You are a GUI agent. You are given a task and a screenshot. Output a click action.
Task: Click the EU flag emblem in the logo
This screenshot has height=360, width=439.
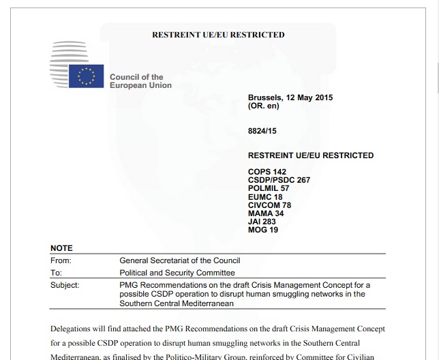[x=86, y=76]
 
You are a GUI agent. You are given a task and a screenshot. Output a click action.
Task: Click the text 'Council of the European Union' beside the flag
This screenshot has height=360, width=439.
[x=140, y=81]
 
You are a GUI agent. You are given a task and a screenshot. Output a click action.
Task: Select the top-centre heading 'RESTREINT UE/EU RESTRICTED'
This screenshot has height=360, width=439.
[x=218, y=35]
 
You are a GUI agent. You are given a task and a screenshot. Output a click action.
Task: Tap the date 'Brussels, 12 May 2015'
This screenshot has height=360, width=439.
[x=290, y=98]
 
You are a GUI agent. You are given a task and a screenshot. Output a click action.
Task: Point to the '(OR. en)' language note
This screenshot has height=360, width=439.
[x=264, y=106]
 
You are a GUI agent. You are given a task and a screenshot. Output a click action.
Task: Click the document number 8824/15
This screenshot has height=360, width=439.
[x=262, y=130]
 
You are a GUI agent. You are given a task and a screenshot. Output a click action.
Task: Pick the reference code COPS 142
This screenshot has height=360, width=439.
[x=267, y=172]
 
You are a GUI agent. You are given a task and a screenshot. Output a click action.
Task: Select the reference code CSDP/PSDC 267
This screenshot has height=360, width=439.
[x=279, y=180]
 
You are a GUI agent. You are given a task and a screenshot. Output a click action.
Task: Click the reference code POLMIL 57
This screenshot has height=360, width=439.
[x=269, y=188]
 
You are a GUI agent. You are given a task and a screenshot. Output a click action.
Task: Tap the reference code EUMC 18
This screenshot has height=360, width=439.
[x=265, y=197]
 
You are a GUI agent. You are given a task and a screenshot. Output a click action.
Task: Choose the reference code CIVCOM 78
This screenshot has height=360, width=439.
[x=269, y=205]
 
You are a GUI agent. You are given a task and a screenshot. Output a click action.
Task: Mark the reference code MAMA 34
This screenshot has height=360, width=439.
[x=266, y=213]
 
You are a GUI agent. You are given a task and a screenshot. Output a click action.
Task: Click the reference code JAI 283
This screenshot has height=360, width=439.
[x=262, y=222]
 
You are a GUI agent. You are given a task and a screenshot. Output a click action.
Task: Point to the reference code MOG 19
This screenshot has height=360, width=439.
[x=263, y=230]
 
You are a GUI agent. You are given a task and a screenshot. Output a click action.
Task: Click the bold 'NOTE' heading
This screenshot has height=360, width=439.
[x=61, y=248]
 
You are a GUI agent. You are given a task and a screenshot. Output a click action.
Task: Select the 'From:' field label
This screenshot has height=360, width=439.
[x=61, y=260]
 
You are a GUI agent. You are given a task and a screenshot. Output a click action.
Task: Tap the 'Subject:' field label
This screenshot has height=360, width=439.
[x=65, y=285]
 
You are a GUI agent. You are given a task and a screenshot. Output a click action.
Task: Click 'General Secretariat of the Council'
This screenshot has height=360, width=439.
[x=179, y=260]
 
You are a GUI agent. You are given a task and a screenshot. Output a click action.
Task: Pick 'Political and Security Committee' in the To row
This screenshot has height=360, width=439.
[x=177, y=273]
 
